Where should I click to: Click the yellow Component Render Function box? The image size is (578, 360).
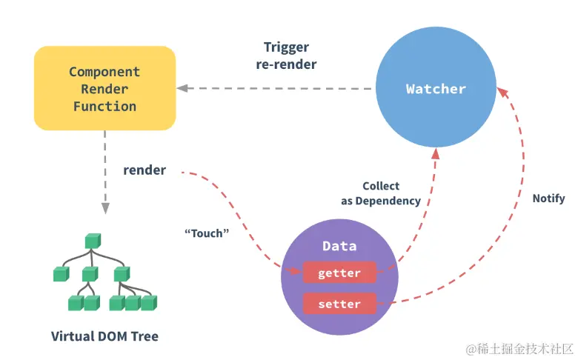(x=104, y=88)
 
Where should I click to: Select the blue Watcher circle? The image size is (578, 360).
(x=436, y=87)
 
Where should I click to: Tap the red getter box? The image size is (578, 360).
(x=339, y=273)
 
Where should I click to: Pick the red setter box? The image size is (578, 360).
(x=339, y=304)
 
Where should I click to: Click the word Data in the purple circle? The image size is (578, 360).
(x=339, y=246)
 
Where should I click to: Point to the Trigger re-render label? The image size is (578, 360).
(x=287, y=56)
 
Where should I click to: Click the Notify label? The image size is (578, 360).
(x=548, y=199)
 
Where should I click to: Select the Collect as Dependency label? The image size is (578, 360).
(x=381, y=193)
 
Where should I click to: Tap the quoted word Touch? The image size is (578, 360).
(x=207, y=233)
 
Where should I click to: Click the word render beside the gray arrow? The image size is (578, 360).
(x=144, y=170)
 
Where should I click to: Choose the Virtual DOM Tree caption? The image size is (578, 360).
(x=104, y=336)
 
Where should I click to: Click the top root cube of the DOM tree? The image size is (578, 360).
(x=93, y=241)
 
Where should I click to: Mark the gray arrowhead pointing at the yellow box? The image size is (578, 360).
(x=182, y=88)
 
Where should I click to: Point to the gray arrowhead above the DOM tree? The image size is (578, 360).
(x=105, y=208)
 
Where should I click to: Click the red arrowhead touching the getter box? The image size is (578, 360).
(x=295, y=271)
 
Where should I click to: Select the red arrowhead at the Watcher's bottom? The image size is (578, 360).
(x=436, y=153)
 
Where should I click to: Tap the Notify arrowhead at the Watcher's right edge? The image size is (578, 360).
(x=503, y=93)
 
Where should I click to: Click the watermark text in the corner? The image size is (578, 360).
(x=519, y=349)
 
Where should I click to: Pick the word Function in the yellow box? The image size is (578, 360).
(x=104, y=107)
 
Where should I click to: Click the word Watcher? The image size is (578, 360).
(x=436, y=89)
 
